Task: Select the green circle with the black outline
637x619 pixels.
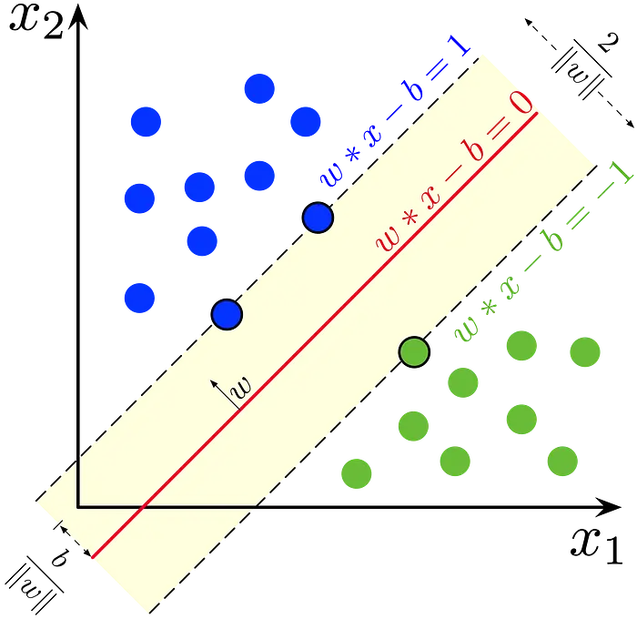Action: [414, 352]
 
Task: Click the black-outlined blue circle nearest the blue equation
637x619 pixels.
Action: [318, 218]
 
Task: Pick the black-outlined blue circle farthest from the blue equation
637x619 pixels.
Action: [227, 315]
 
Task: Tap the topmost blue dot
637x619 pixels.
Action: [259, 88]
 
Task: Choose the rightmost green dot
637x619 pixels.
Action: [585, 351]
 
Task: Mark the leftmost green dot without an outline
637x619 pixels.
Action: [356, 474]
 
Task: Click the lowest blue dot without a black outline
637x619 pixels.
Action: [140, 298]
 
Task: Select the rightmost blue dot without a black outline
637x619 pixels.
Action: [305, 120]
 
